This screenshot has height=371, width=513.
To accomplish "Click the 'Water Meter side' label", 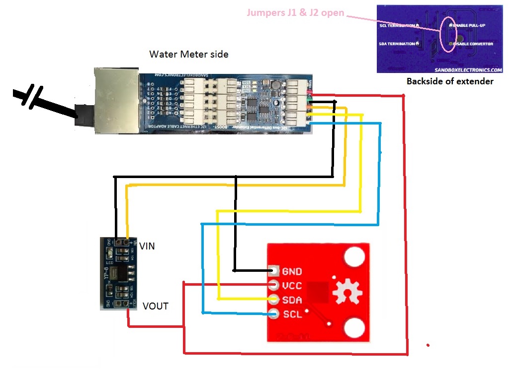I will point(189,54).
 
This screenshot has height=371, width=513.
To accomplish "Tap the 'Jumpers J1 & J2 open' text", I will point(295,12).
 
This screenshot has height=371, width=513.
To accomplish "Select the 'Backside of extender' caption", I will point(450,81).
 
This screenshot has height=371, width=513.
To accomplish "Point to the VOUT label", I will point(155,306).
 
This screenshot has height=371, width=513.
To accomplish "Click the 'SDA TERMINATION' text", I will point(398,44).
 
